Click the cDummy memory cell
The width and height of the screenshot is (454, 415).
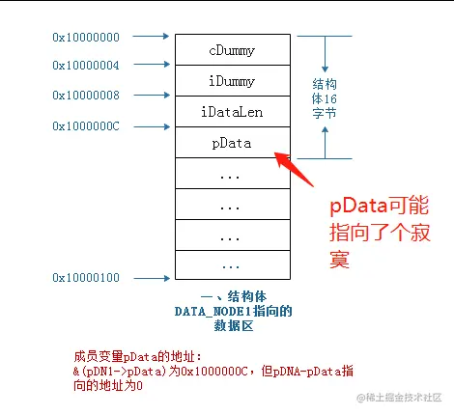point(232,49)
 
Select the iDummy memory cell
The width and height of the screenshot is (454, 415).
point(232,80)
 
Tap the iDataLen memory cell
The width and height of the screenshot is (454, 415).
point(232,111)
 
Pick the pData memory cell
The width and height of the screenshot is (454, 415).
point(232,143)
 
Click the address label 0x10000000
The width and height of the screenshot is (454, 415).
point(87,37)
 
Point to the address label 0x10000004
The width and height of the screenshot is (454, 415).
point(87,66)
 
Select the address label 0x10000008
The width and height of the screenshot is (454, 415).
point(87,96)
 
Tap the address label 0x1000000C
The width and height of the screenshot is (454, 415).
point(87,126)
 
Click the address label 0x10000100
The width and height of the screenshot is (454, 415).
point(87,279)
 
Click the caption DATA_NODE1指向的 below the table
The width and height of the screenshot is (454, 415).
point(231,312)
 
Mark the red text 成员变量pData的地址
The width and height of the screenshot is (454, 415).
point(139,356)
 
